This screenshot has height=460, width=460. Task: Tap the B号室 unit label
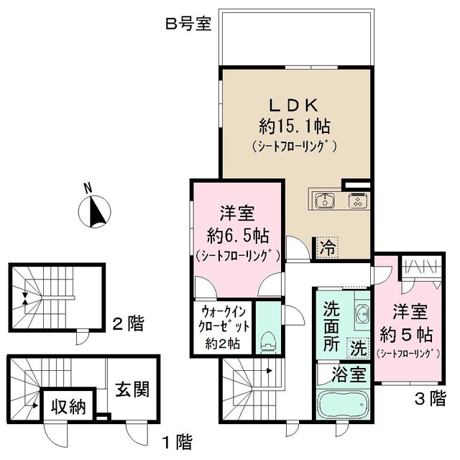(188, 24)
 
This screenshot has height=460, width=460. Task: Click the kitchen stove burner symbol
(356, 201)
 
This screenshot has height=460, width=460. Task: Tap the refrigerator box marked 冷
(327, 249)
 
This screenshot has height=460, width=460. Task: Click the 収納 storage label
(70, 408)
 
